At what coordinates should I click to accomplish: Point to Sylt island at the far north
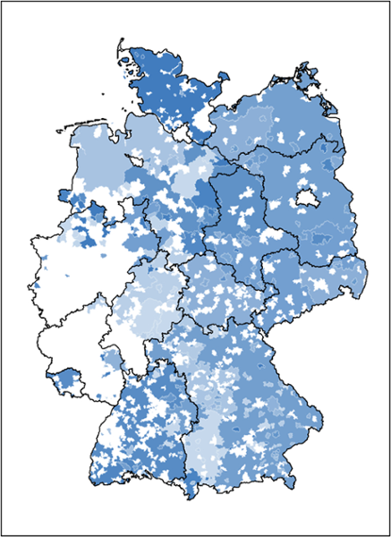[120, 52]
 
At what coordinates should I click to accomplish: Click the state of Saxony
[304, 277]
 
